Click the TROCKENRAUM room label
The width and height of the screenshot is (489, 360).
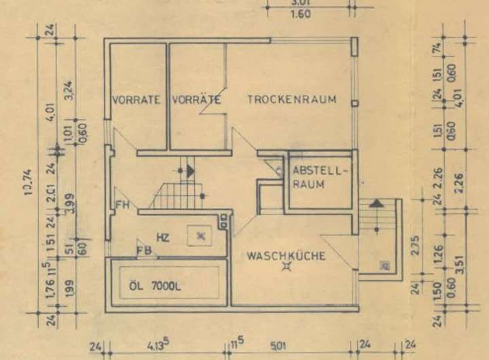click(x=291, y=99)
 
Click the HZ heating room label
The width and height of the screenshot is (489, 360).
click(x=162, y=237)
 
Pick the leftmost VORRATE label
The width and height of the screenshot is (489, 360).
click(x=136, y=100)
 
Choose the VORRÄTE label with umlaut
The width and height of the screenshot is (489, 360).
click(x=197, y=100)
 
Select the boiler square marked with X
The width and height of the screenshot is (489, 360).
click(x=200, y=235)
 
